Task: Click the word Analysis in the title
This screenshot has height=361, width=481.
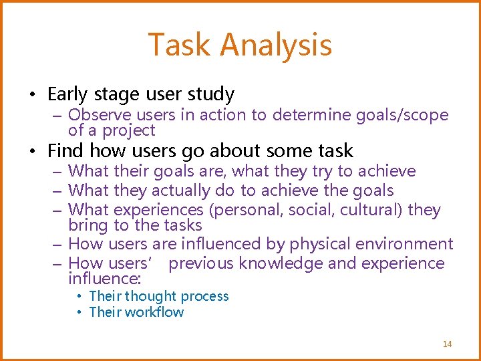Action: pyautogui.click(x=275, y=45)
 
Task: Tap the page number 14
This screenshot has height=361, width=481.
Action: pyautogui.click(x=447, y=344)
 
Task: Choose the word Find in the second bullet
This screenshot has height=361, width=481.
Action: pyautogui.click(x=65, y=150)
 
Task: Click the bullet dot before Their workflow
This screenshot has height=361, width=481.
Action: pyautogui.click(x=79, y=312)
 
